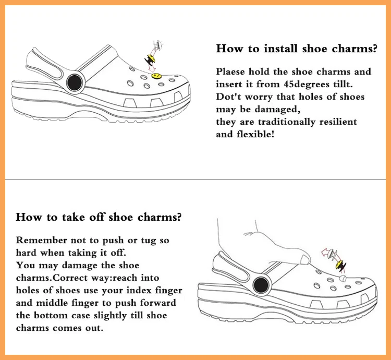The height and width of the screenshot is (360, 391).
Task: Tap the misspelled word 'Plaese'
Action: [x=230, y=72]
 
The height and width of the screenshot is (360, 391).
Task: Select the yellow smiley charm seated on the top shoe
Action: [x=155, y=76]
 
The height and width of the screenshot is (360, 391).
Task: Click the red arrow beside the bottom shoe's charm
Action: [x=327, y=254]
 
